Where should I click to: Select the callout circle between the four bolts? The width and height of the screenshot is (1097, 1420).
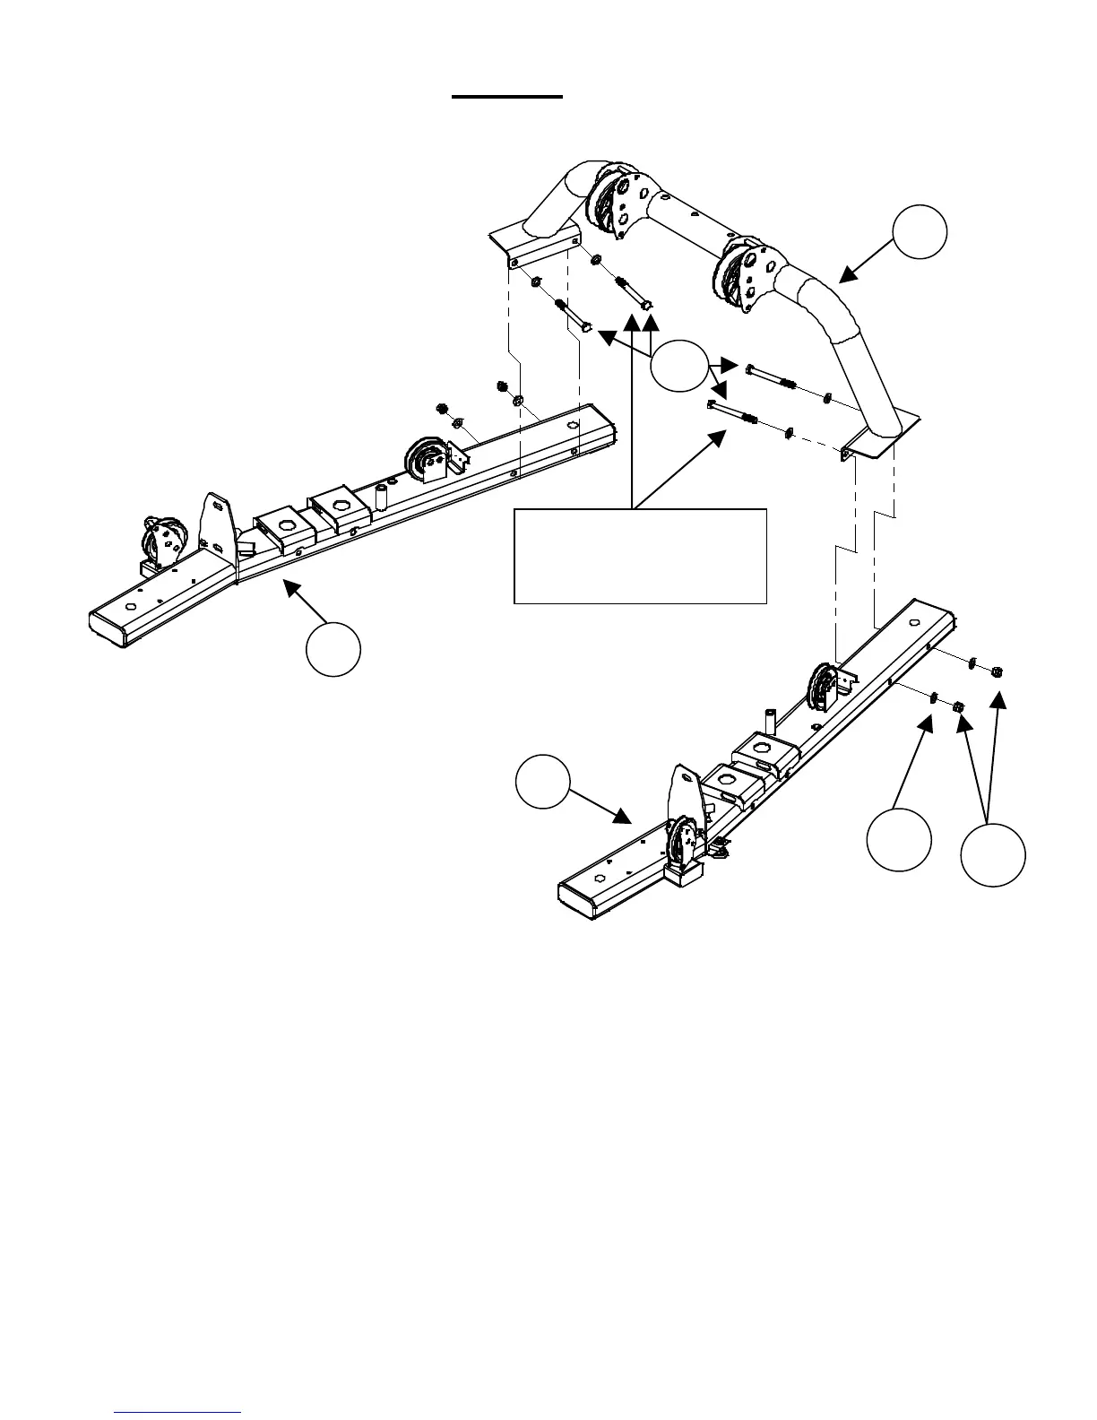(678, 365)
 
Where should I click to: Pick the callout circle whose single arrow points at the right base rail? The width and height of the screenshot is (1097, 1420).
(543, 782)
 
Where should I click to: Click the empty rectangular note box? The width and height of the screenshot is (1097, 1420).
(640, 556)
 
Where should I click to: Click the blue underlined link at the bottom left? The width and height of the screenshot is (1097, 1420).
(178, 1411)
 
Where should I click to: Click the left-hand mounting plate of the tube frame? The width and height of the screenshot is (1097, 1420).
(532, 242)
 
